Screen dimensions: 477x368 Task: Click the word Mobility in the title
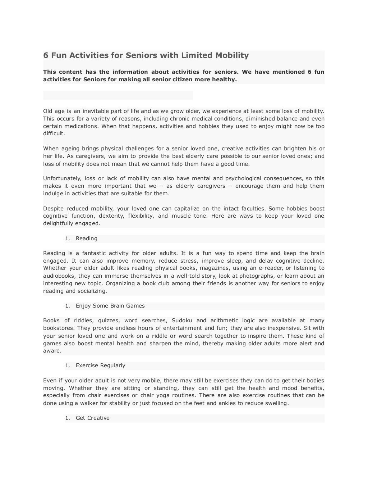[232, 55]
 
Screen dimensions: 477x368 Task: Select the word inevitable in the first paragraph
[89, 111]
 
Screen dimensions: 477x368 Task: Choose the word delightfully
[58, 223]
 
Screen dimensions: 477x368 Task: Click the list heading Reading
[86, 238]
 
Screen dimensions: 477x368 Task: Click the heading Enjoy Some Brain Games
[110, 306]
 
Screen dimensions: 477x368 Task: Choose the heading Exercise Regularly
[100, 365]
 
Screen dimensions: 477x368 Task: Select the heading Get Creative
[92, 418]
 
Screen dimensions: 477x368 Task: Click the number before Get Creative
[67, 418]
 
